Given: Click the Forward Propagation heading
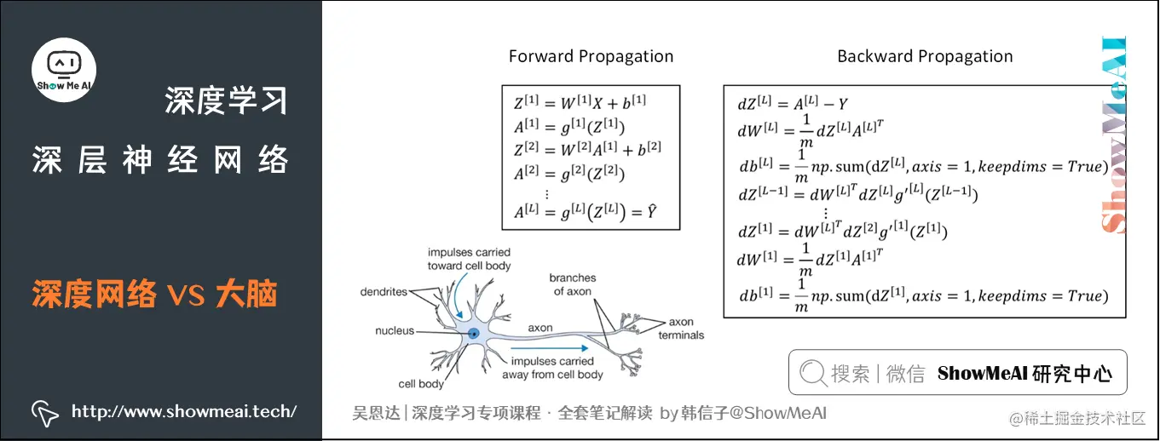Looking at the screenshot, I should tap(591, 57).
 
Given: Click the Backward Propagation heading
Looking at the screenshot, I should tap(925, 57).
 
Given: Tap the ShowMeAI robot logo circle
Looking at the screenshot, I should tap(64, 69).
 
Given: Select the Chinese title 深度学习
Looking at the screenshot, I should tap(226, 101).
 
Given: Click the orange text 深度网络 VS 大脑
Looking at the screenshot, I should tap(155, 295).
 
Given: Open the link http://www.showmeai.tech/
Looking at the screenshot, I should tap(184, 412).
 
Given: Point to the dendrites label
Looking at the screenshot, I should tap(384, 292).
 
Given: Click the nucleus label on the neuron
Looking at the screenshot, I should tap(395, 330).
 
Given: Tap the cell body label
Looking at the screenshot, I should tap(421, 384).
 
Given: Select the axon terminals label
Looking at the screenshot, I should tap(681, 329).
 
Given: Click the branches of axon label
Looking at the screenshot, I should tap(572, 284).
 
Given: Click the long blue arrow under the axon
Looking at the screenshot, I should tap(550, 347).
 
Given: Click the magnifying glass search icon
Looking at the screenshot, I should tap(813, 373).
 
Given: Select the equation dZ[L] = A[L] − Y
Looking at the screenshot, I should tap(793, 105).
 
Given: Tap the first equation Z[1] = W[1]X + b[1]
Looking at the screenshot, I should tap(580, 103).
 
